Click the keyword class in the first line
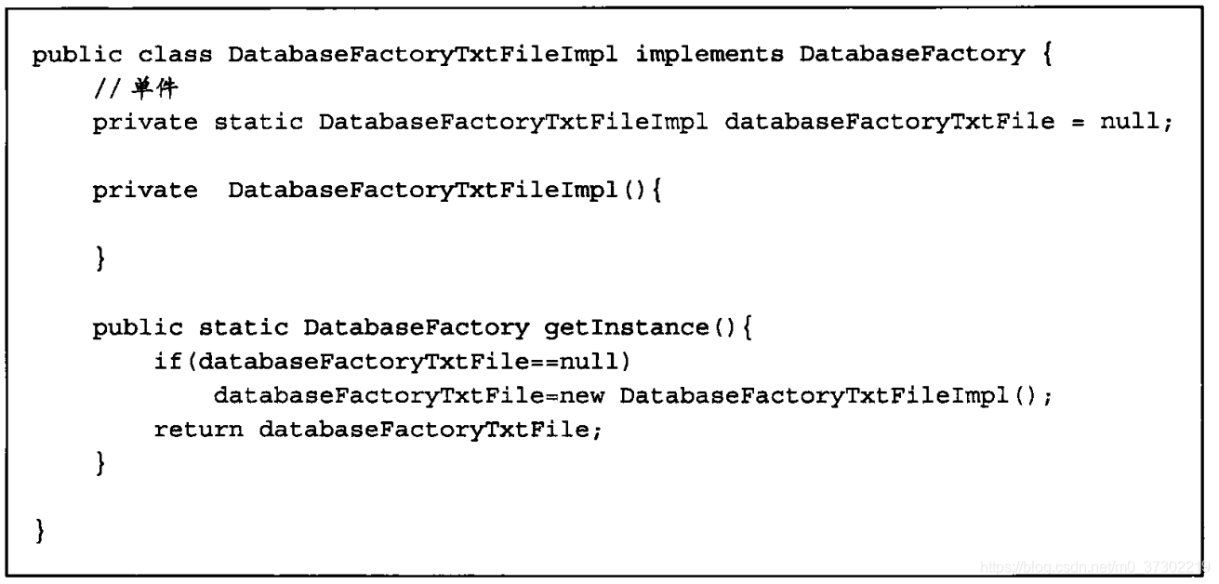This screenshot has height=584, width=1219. (x=177, y=54)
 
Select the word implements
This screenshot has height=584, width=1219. (x=709, y=54)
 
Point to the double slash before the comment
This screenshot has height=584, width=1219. (x=102, y=89)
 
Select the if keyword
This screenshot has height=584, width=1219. (x=163, y=361)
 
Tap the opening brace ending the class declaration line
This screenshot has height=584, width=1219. (x=1047, y=54)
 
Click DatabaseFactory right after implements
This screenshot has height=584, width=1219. (x=911, y=54)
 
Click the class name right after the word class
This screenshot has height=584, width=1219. (x=423, y=54)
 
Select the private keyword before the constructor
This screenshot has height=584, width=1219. (x=144, y=192)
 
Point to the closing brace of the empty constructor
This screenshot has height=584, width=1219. (x=99, y=259)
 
